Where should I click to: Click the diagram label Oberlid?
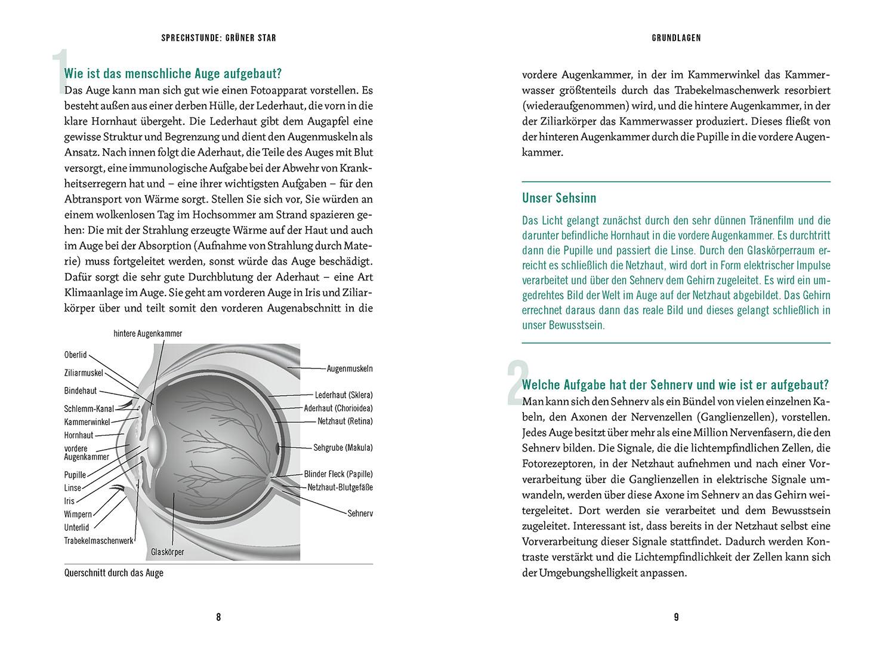(75, 355)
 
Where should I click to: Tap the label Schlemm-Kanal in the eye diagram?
(89, 409)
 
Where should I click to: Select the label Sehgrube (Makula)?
(342, 447)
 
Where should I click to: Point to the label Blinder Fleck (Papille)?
(338, 474)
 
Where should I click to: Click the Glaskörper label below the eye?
(168, 552)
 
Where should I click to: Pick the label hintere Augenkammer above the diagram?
(147, 334)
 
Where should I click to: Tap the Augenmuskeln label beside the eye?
(350, 369)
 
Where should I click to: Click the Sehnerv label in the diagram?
(360, 513)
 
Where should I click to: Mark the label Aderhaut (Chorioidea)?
(338, 408)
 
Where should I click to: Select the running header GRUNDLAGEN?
(676, 38)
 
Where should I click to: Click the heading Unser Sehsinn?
(558, 198)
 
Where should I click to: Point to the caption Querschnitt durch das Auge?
(113, 573)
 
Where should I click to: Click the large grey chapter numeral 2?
(514, 382)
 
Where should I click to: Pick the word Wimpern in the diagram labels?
(78, 514)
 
